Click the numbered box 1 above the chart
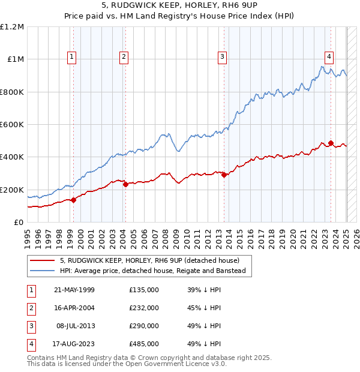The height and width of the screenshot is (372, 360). [71, 57]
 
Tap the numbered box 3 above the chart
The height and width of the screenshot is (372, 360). [222, 57]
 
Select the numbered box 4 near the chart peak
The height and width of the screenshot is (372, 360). [329, 57]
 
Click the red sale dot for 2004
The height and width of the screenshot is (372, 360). [126, 185]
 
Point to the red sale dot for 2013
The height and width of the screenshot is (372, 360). [224, 175]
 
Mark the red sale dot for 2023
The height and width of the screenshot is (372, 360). [331, 143]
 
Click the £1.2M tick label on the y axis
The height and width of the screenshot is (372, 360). [12, 27]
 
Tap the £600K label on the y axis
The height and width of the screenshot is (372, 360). [12, 125]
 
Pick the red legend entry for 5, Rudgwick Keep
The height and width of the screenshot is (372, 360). [149, 260]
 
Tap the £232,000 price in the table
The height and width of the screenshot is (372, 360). [144, 308]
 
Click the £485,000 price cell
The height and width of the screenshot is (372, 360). [144, 344]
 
